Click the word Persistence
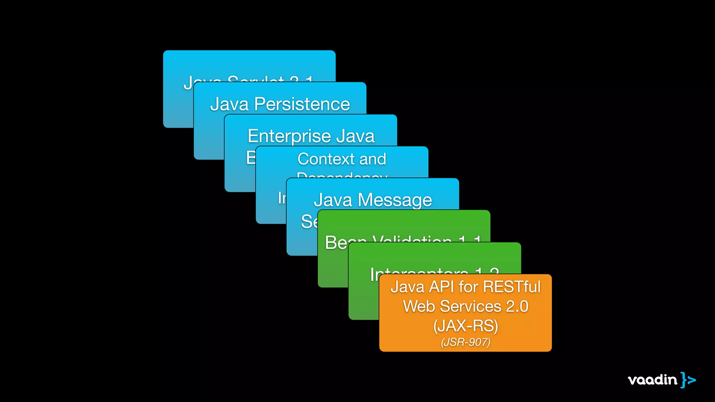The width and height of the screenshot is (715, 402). tap(302, 104)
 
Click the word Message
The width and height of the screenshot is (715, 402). tap(395, 200)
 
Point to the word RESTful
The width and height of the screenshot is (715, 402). tap(512, 287)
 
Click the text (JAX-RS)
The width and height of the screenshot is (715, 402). tap(465, 326)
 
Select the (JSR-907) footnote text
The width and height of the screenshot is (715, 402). tap(465, 342)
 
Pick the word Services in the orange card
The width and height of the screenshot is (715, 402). tap(470, 306)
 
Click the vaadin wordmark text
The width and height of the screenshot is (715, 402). tap(652, 380)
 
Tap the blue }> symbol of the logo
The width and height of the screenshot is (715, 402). tap(688, 380)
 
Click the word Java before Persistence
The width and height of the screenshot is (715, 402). tap(229, 104)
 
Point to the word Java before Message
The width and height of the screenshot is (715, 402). tap(333, 200)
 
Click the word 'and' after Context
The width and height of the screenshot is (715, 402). tap(373, 159)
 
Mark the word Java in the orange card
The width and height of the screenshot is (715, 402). tap(407, 287)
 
